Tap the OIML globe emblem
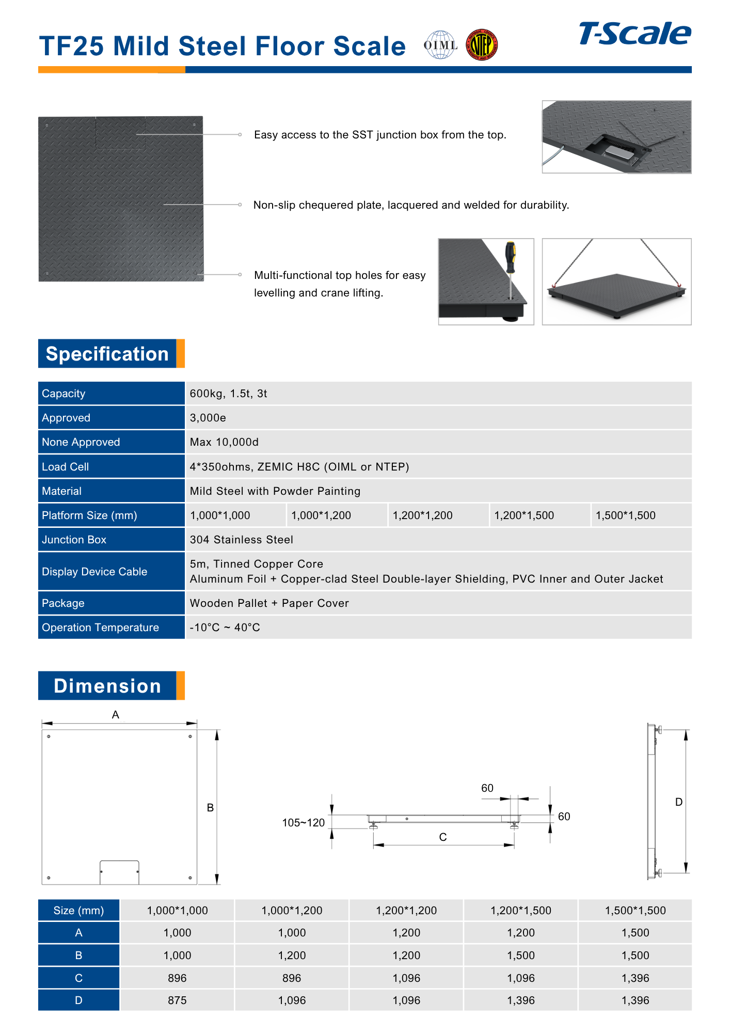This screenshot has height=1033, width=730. (x=440, y=45)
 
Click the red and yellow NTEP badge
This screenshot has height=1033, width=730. (x=482, y=45)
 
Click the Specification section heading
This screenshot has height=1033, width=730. (x=107, y=354)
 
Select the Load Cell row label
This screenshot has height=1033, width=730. (x=66, y=467)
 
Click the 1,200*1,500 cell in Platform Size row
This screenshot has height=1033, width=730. (x=524, y=515)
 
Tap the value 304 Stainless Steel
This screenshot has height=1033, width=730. (x=241, y=540)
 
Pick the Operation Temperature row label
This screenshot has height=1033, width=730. (x=100, y=628)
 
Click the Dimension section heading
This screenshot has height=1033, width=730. (x=107, y=686)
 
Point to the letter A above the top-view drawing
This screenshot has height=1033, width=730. (x=116, y=715)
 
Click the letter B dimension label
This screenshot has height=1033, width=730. (x=210, y=808)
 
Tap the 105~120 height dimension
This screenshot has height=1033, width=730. (x=303, y=823)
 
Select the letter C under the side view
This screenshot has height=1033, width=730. (x=443, y=837)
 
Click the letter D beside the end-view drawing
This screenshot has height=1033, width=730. (x=679, y=802)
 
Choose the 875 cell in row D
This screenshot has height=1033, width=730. (x=177, y=1000)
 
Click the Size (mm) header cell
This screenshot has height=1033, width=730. (x=78, y=911)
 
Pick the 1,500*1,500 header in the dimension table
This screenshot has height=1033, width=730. (x=635, y=911)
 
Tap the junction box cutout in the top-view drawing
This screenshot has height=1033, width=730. (x=119, y=872)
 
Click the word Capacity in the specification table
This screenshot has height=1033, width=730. (x=64, y=394)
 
